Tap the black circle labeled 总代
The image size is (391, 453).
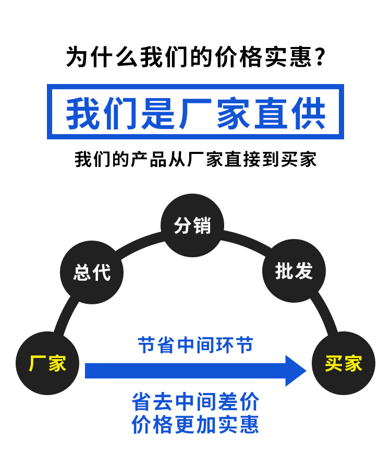coord(92,271)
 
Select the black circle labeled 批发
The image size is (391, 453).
coord(294,271)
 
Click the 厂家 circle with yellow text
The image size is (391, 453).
coord(47,363)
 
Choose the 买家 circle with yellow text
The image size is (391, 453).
coord(343,363)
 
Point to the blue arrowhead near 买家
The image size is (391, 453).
coord(296,371)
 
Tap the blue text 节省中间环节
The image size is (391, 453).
coord(195,345)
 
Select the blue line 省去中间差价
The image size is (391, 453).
coord(195,402)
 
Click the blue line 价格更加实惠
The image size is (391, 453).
coord(195,424)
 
